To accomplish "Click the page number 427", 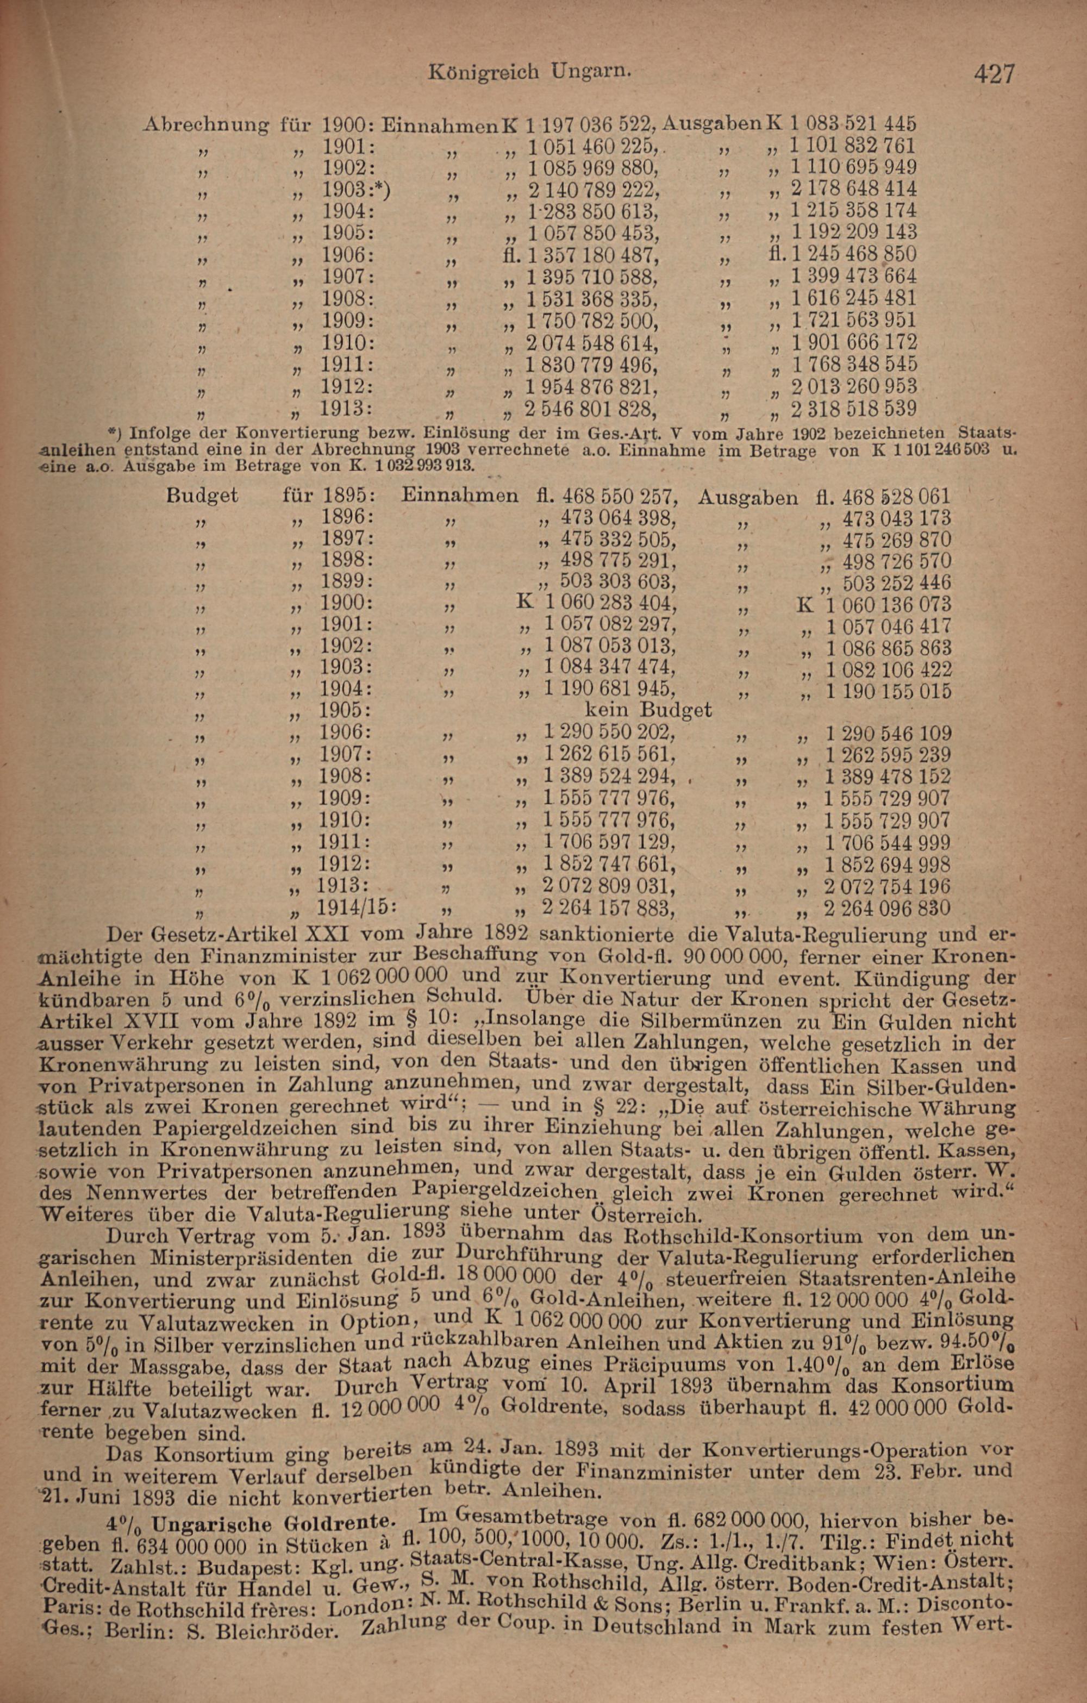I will [994, 73].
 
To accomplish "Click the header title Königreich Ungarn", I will [530, 71].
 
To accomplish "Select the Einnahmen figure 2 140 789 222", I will [591, 190].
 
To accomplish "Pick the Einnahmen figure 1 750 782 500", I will [591, 321].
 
